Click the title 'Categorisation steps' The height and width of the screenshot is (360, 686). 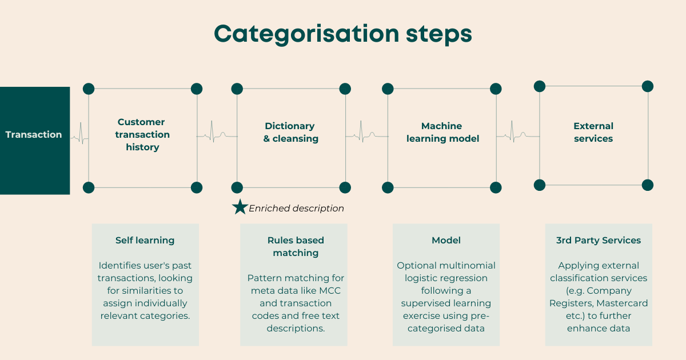coord(342,34)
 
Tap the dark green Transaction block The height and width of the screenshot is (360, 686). coord(34,141)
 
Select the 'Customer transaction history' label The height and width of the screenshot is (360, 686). coord(142,135)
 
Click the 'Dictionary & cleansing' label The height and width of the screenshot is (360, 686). coord(290,132)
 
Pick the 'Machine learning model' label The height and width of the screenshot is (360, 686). coord(442,132)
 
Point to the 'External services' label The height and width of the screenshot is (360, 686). coord(593,132)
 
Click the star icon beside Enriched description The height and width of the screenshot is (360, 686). coord(240,207)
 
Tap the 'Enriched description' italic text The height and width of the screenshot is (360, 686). coord(296,209)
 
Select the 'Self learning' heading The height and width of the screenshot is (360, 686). coord(145,241)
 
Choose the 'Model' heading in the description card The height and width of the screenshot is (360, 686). coord(446,241)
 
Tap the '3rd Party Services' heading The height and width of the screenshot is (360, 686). coord(599,241)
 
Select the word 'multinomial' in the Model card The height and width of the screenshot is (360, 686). coord(467,265)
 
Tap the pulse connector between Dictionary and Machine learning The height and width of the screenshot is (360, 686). coord(366,135)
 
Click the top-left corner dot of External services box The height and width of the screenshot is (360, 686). coord(539,86)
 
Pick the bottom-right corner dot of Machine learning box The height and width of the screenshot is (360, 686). coord(496,187)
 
